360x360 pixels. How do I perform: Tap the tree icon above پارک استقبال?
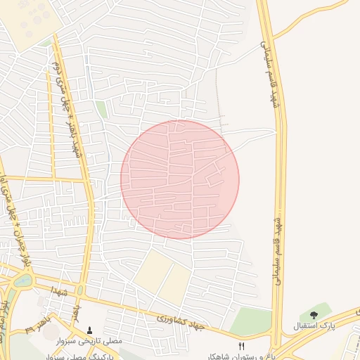tap(314, 315)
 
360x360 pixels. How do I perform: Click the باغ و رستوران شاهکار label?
tap(242, 356)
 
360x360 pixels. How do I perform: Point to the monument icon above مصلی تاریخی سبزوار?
tap(89, 330)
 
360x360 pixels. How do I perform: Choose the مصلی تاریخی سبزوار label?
tap(92, 340)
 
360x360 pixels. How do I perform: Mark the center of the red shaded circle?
tap(180, 179)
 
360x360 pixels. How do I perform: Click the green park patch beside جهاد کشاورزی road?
tap(250, 321)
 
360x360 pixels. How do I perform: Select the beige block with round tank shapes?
tap(28, 21)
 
